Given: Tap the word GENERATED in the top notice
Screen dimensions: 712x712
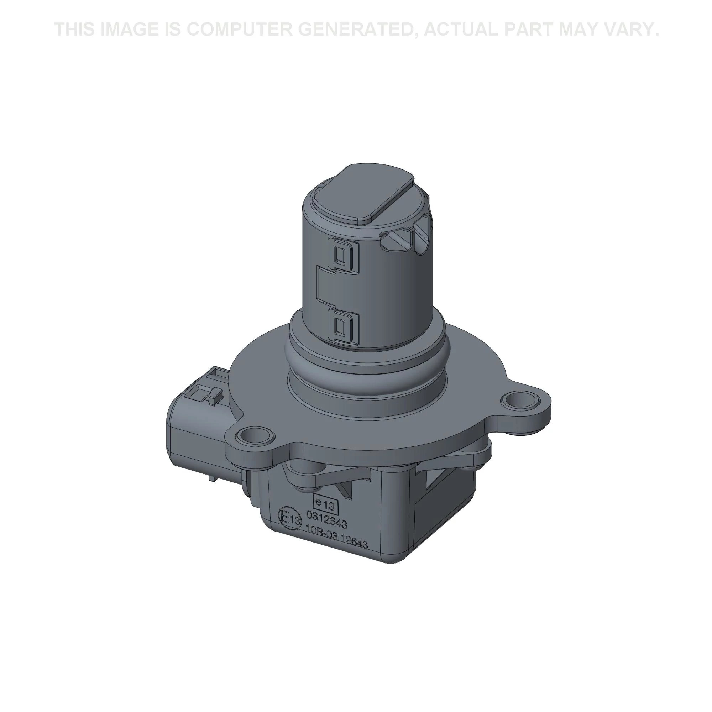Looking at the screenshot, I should click(x=361, y=30).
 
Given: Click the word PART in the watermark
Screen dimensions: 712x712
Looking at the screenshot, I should click(x=527, y=30).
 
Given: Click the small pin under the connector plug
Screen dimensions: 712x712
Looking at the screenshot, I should click(x=212, y=478).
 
